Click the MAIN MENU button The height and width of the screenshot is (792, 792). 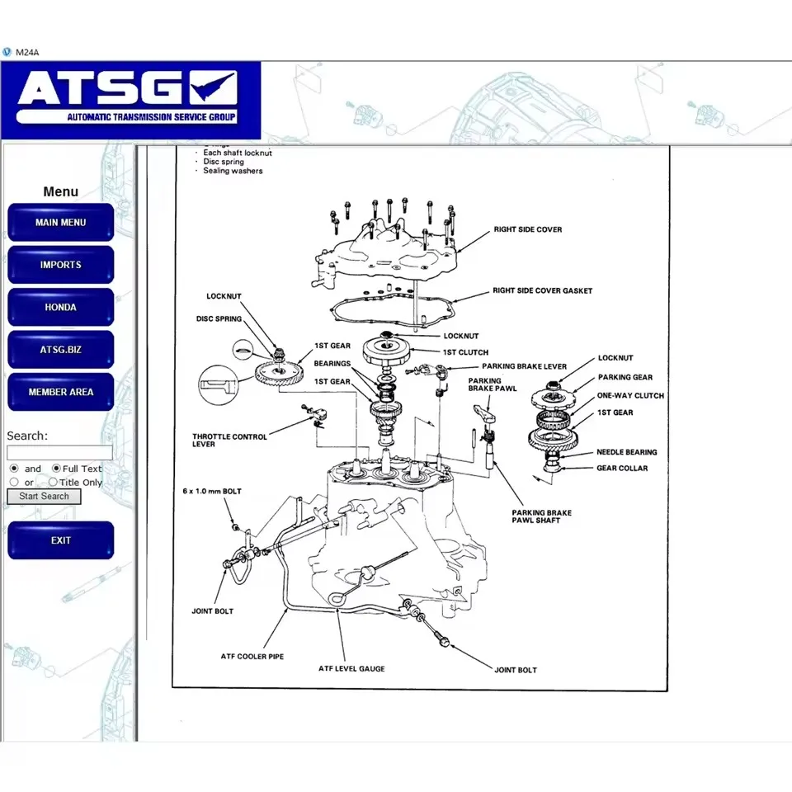[x=60, y=223]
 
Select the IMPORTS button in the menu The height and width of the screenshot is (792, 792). [x=60, y=265]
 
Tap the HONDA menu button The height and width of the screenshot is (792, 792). [x=60, y=307]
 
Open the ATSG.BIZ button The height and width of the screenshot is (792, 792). [x=60, y=350]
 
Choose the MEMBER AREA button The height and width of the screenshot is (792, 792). [x=60, y=392]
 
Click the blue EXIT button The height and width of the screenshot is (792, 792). [x=60, y=540]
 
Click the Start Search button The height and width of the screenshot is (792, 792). [x=45, y=496]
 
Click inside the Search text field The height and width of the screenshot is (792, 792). [x=59, y=452]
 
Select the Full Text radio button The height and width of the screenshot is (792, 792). [x=56, y=469]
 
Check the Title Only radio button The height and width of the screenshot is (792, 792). [x=53, y=483]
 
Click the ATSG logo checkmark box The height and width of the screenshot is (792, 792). [x=213, y=87]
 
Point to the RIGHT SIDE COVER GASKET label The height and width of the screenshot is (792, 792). [x=542, y=290]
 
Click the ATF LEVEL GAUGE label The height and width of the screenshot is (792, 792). [x=351, y=668]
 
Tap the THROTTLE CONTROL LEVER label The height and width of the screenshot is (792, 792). [x=229, y=441]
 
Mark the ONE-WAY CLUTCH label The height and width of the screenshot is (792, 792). [x=630, y=395]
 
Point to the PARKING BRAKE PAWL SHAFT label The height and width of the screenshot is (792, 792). [x=541, y=516]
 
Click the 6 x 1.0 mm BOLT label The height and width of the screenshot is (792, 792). [x=212, y=491]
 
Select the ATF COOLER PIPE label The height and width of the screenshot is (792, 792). [x=252, y=657]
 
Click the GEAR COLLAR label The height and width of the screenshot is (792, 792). [x=622, y=468]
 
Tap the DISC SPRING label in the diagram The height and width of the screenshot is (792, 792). [x=219, y=318]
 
